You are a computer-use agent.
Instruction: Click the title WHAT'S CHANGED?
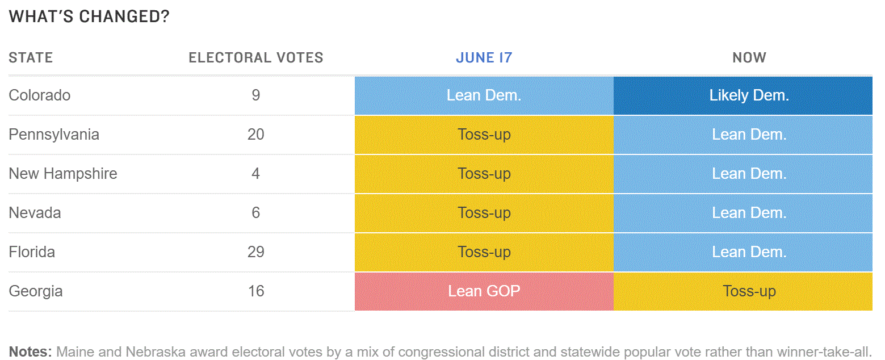click(89, 16)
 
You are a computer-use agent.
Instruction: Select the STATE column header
click(31, 58)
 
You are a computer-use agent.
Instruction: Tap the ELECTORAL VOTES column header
click(255, 58)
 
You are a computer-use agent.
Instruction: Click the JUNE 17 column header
click(484, 58)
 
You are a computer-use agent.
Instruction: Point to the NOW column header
click(749, 58)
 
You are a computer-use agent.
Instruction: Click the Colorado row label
click(40, 95)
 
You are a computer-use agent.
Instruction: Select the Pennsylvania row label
click(54, 135)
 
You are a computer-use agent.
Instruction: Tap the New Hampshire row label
click(63, 174)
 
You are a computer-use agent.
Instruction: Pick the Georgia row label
click(36, 291)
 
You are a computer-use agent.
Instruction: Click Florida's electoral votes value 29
click(255, 252)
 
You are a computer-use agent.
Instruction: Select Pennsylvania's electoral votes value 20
click(255, 135)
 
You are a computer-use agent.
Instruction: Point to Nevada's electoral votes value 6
click(255, 212)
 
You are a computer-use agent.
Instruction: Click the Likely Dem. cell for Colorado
click(743, 95)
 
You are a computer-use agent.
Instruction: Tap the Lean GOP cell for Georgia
click(484, 291)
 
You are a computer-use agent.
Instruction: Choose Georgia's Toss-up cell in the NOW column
click(743, 291)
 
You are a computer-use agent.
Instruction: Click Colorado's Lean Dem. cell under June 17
click(484, 95)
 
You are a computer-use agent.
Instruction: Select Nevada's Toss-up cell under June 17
click(484, 213)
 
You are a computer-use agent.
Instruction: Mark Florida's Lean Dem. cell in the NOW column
click(743, 252)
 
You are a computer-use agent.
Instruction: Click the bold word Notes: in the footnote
click(31, 351)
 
